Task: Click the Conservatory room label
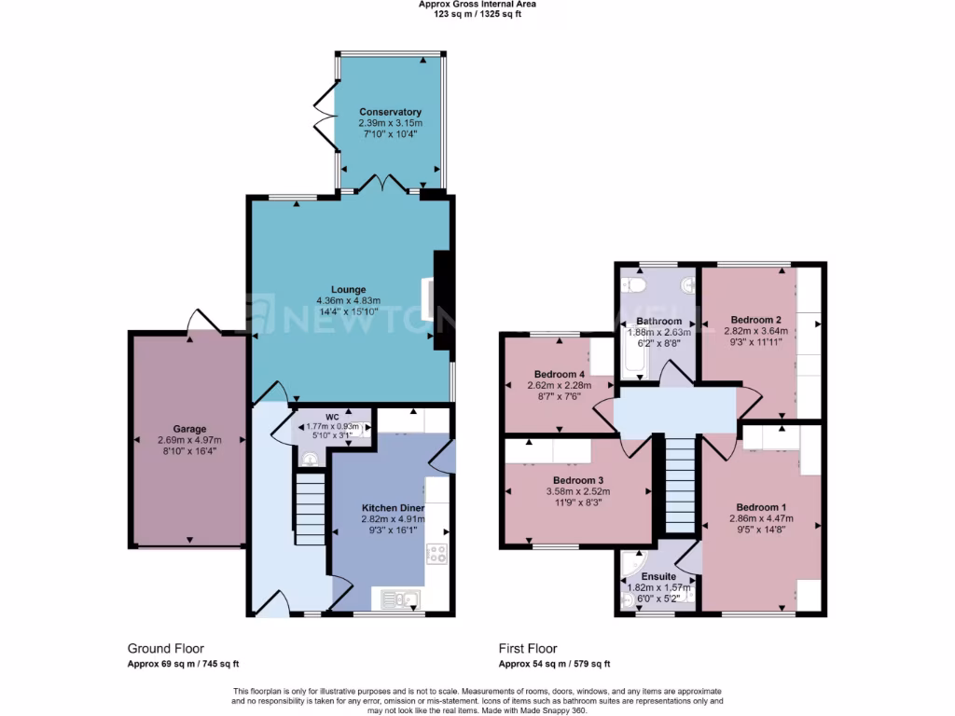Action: pyautogui.click(x=390, y=112)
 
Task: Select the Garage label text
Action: pyautogui.click(x=189, y=430)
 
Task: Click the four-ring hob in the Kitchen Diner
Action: pyautogui.click(x=436, y=554)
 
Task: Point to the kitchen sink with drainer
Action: pyautogui.click(x=398, y=599)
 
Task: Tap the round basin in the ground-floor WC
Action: pyautogui.click(x=310, y=459)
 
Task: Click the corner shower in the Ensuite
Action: pyautogui.click(x=631, y=570)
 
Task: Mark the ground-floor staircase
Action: pyautogui.click(x=310, y=508)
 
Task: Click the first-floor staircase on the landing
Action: pyautogui.click(x=680, y=484)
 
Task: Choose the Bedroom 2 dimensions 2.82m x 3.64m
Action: pyautogui.click(x=759, y=329)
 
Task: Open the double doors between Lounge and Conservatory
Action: pyautogui.click(x=384, y=183)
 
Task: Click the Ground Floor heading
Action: pyautogui.click(x=165, y=648)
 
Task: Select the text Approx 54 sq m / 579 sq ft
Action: pyautogui.click(x=554, y=664)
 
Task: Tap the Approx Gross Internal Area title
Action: pyautogui.click(x=477, y=5)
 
